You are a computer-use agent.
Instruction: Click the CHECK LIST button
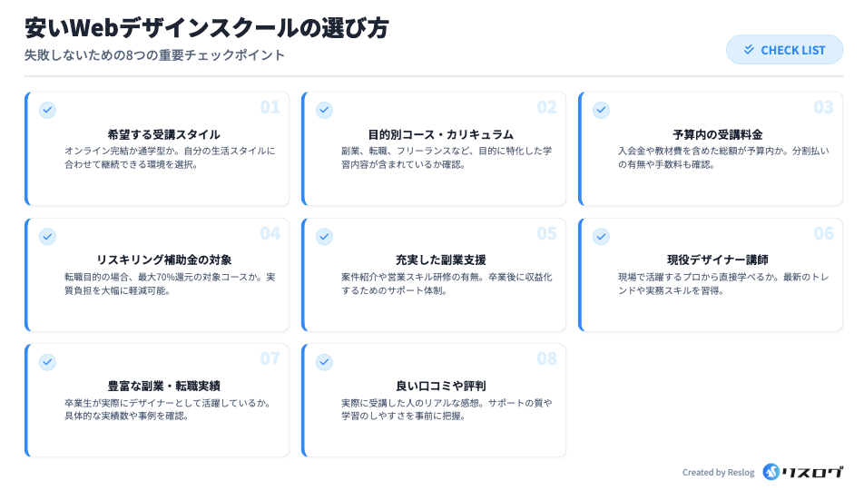[x=784, y=50]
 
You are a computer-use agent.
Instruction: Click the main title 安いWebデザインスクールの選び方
[x=207, y=28]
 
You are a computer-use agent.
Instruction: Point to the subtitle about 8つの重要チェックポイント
[x=154, y=54]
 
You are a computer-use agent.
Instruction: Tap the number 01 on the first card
[x=270, y=108]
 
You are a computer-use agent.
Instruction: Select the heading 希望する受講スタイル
[x=163, y=134]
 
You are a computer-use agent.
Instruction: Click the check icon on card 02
[x=324, y=110]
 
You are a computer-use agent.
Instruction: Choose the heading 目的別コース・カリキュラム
[x=440, y=134]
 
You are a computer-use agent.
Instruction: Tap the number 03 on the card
[x=823, y=108]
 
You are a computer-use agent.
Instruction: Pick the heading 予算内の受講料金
[x=717, y=134]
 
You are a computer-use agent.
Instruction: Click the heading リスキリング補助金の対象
[x=163, y=260]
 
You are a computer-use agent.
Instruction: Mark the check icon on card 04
[x=47, y=236]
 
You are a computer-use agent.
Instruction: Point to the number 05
[x=546, y=234]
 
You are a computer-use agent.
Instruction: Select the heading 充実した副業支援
[x=440, y=260]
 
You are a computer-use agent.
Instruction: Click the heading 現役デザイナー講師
[x=717, y=260]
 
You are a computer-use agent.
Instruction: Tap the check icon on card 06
[x=601, y=236]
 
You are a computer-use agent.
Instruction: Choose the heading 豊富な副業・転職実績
[x=163, y=386]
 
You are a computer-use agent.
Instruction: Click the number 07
[x=270, y=359]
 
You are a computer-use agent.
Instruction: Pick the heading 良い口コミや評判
[x=440, y=386]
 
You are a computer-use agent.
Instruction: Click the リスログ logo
[x=803, y=472]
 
